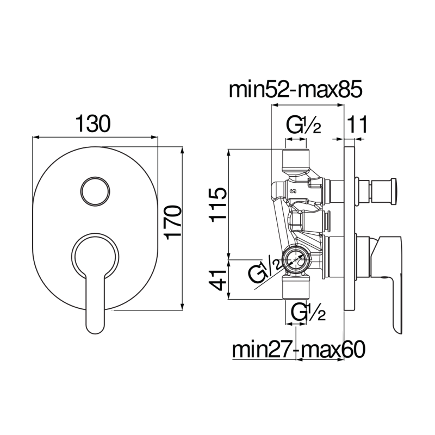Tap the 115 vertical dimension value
[x=217, y=204]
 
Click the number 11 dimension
[x=358, y=125]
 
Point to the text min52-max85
[x=295, y=89]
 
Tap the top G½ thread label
[x=304, y=126]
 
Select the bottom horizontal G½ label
[x=308, y=313]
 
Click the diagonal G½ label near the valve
[x=265, y=270]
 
